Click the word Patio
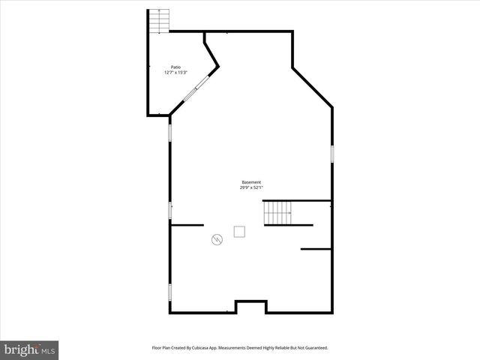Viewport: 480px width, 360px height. (x=175, y=67)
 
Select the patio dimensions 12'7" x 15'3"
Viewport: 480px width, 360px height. (x=175, y=73)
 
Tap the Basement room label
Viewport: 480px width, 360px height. (x=251, y=182)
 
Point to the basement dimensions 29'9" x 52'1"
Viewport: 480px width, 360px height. (x=251, y=188)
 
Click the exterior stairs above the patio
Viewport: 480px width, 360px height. (x=159, y=21)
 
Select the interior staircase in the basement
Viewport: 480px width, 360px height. (x=278, y=213)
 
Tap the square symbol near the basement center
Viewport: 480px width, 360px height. (x=239, y=231)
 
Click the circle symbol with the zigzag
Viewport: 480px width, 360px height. (x=217, y=240)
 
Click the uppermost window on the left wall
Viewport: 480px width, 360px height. (x=170, y=133)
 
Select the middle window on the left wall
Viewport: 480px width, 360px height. (x=170, y=211)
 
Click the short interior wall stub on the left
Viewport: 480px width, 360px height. (x=187, y=224)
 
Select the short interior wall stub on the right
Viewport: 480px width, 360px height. (x=316, y=248)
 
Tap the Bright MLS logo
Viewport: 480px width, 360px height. (x=30, y=349)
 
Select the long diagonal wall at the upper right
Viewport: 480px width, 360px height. (x=312, y=88)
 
